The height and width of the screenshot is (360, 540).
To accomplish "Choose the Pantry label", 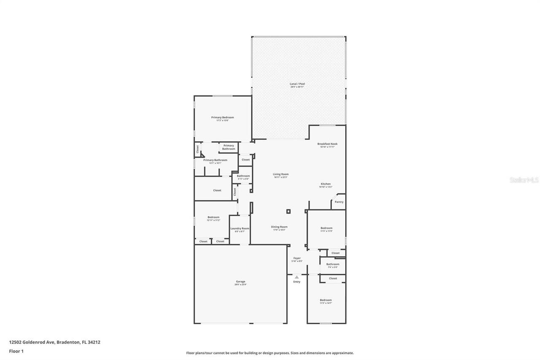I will (x=339, y=202).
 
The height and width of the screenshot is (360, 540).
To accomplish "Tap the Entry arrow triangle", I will (x=297, y=277).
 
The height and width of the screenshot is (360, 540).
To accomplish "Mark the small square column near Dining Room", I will (x=288, y=211).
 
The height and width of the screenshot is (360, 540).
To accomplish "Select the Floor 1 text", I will (x=16, y=351).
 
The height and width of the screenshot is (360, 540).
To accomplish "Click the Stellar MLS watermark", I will (x=524, y=180).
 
